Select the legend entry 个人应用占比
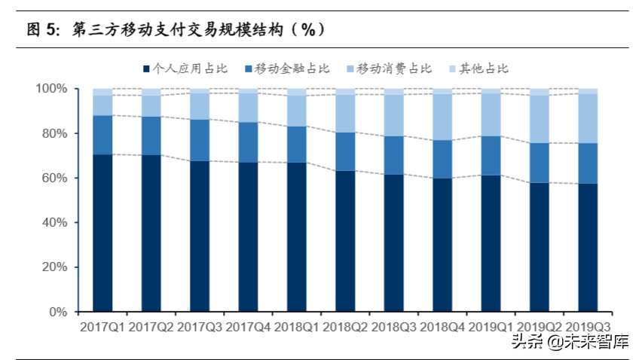click(184, 69)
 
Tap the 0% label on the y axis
click(57, 312)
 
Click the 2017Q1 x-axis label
click(102, 328)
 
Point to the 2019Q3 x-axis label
click(588, 328)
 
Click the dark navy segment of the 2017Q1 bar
click(102, 233)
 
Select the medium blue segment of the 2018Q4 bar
click(442, 159)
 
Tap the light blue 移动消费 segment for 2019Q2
click(540, 119)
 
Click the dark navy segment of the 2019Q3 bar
click(588, 248)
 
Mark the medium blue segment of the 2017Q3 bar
click(200, 140)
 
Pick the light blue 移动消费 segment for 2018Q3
click(394, 115)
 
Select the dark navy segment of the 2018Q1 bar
click(297, 237)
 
